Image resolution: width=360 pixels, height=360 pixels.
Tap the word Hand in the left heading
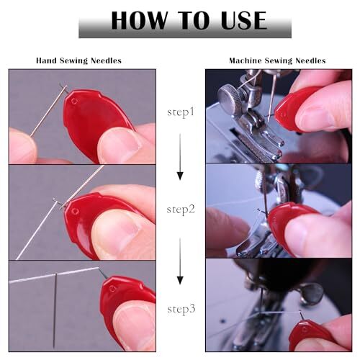point(47,60)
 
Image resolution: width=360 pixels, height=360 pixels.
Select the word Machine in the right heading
point(245,60)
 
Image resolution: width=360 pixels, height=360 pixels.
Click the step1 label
point(181,112)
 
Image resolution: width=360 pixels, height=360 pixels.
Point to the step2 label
point(181,210)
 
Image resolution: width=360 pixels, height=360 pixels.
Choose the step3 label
point(181,309)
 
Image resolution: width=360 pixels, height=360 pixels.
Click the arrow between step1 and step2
point(180,157)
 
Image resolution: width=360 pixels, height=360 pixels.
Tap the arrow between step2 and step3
point(180,261)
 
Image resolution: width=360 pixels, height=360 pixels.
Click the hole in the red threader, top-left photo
point(74,101)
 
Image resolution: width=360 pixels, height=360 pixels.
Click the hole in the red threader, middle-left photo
point(75,212)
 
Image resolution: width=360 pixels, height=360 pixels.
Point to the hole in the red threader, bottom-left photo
point(112,289)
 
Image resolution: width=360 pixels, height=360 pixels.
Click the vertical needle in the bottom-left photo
point(55,311)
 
